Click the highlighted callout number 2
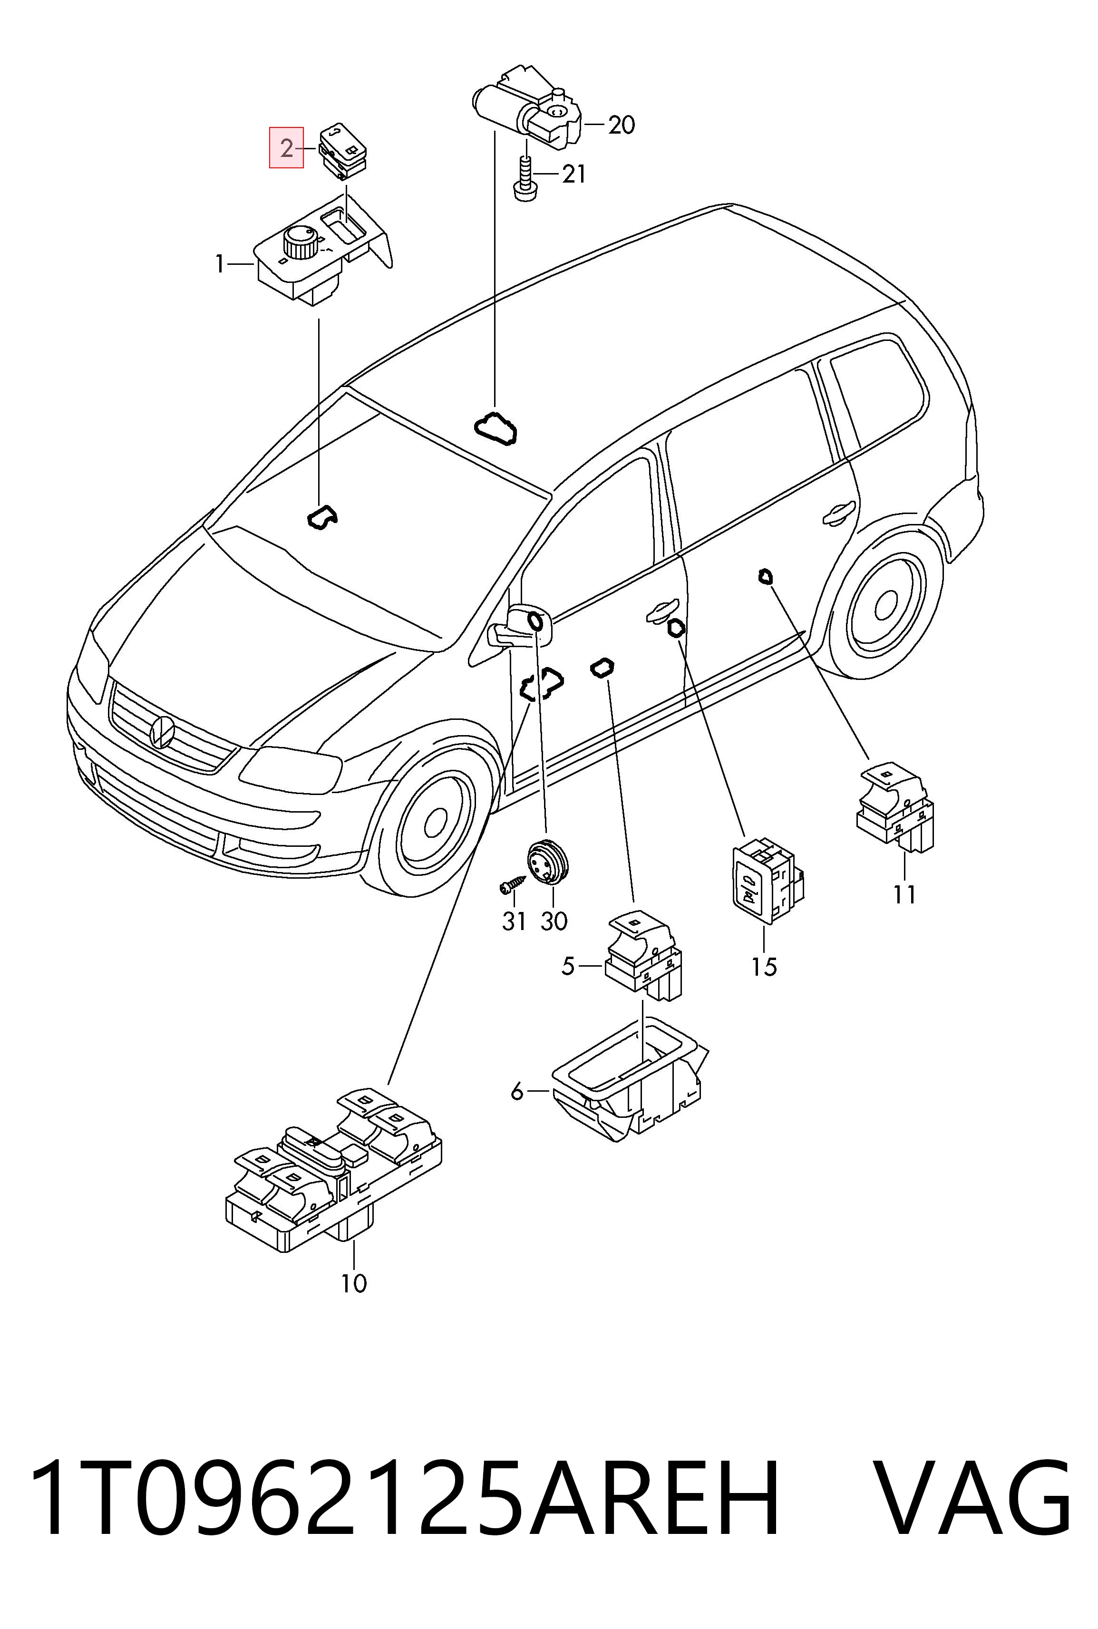click(x=286, y=148)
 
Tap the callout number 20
click(x=621, y=126)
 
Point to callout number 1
click(x=220, y=264)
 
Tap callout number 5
click(x=568, y=967)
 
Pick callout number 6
click(x=517, y=1091)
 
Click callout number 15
click(x=764, y=967)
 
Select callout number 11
click(x=904, y=895)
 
